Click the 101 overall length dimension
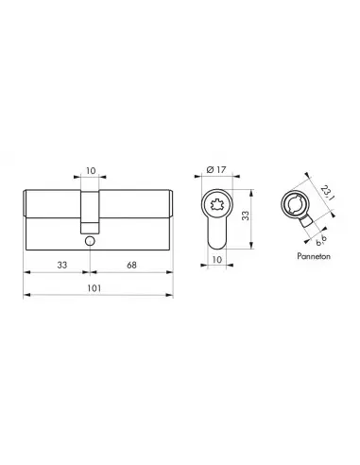coord(94,288)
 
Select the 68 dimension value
coord(131,266)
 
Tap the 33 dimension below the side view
coord(62,265)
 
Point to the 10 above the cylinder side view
coord(91,171)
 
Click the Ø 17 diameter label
coord(216,169)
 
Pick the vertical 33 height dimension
coord(246,215)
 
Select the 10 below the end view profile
coord(217,259)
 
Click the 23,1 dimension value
coord(327,193)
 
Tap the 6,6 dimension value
coord(320,240)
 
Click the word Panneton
coord(314,256)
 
